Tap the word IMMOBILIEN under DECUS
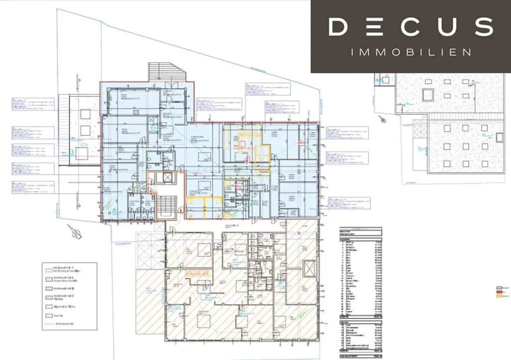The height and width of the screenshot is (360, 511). (411, 52)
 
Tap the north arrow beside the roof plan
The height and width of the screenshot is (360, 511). (382, 119)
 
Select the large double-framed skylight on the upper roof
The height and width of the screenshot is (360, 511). (428, 94)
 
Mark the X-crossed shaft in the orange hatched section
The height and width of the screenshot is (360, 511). (308, 270)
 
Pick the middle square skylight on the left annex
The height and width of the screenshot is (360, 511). (85, 131)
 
